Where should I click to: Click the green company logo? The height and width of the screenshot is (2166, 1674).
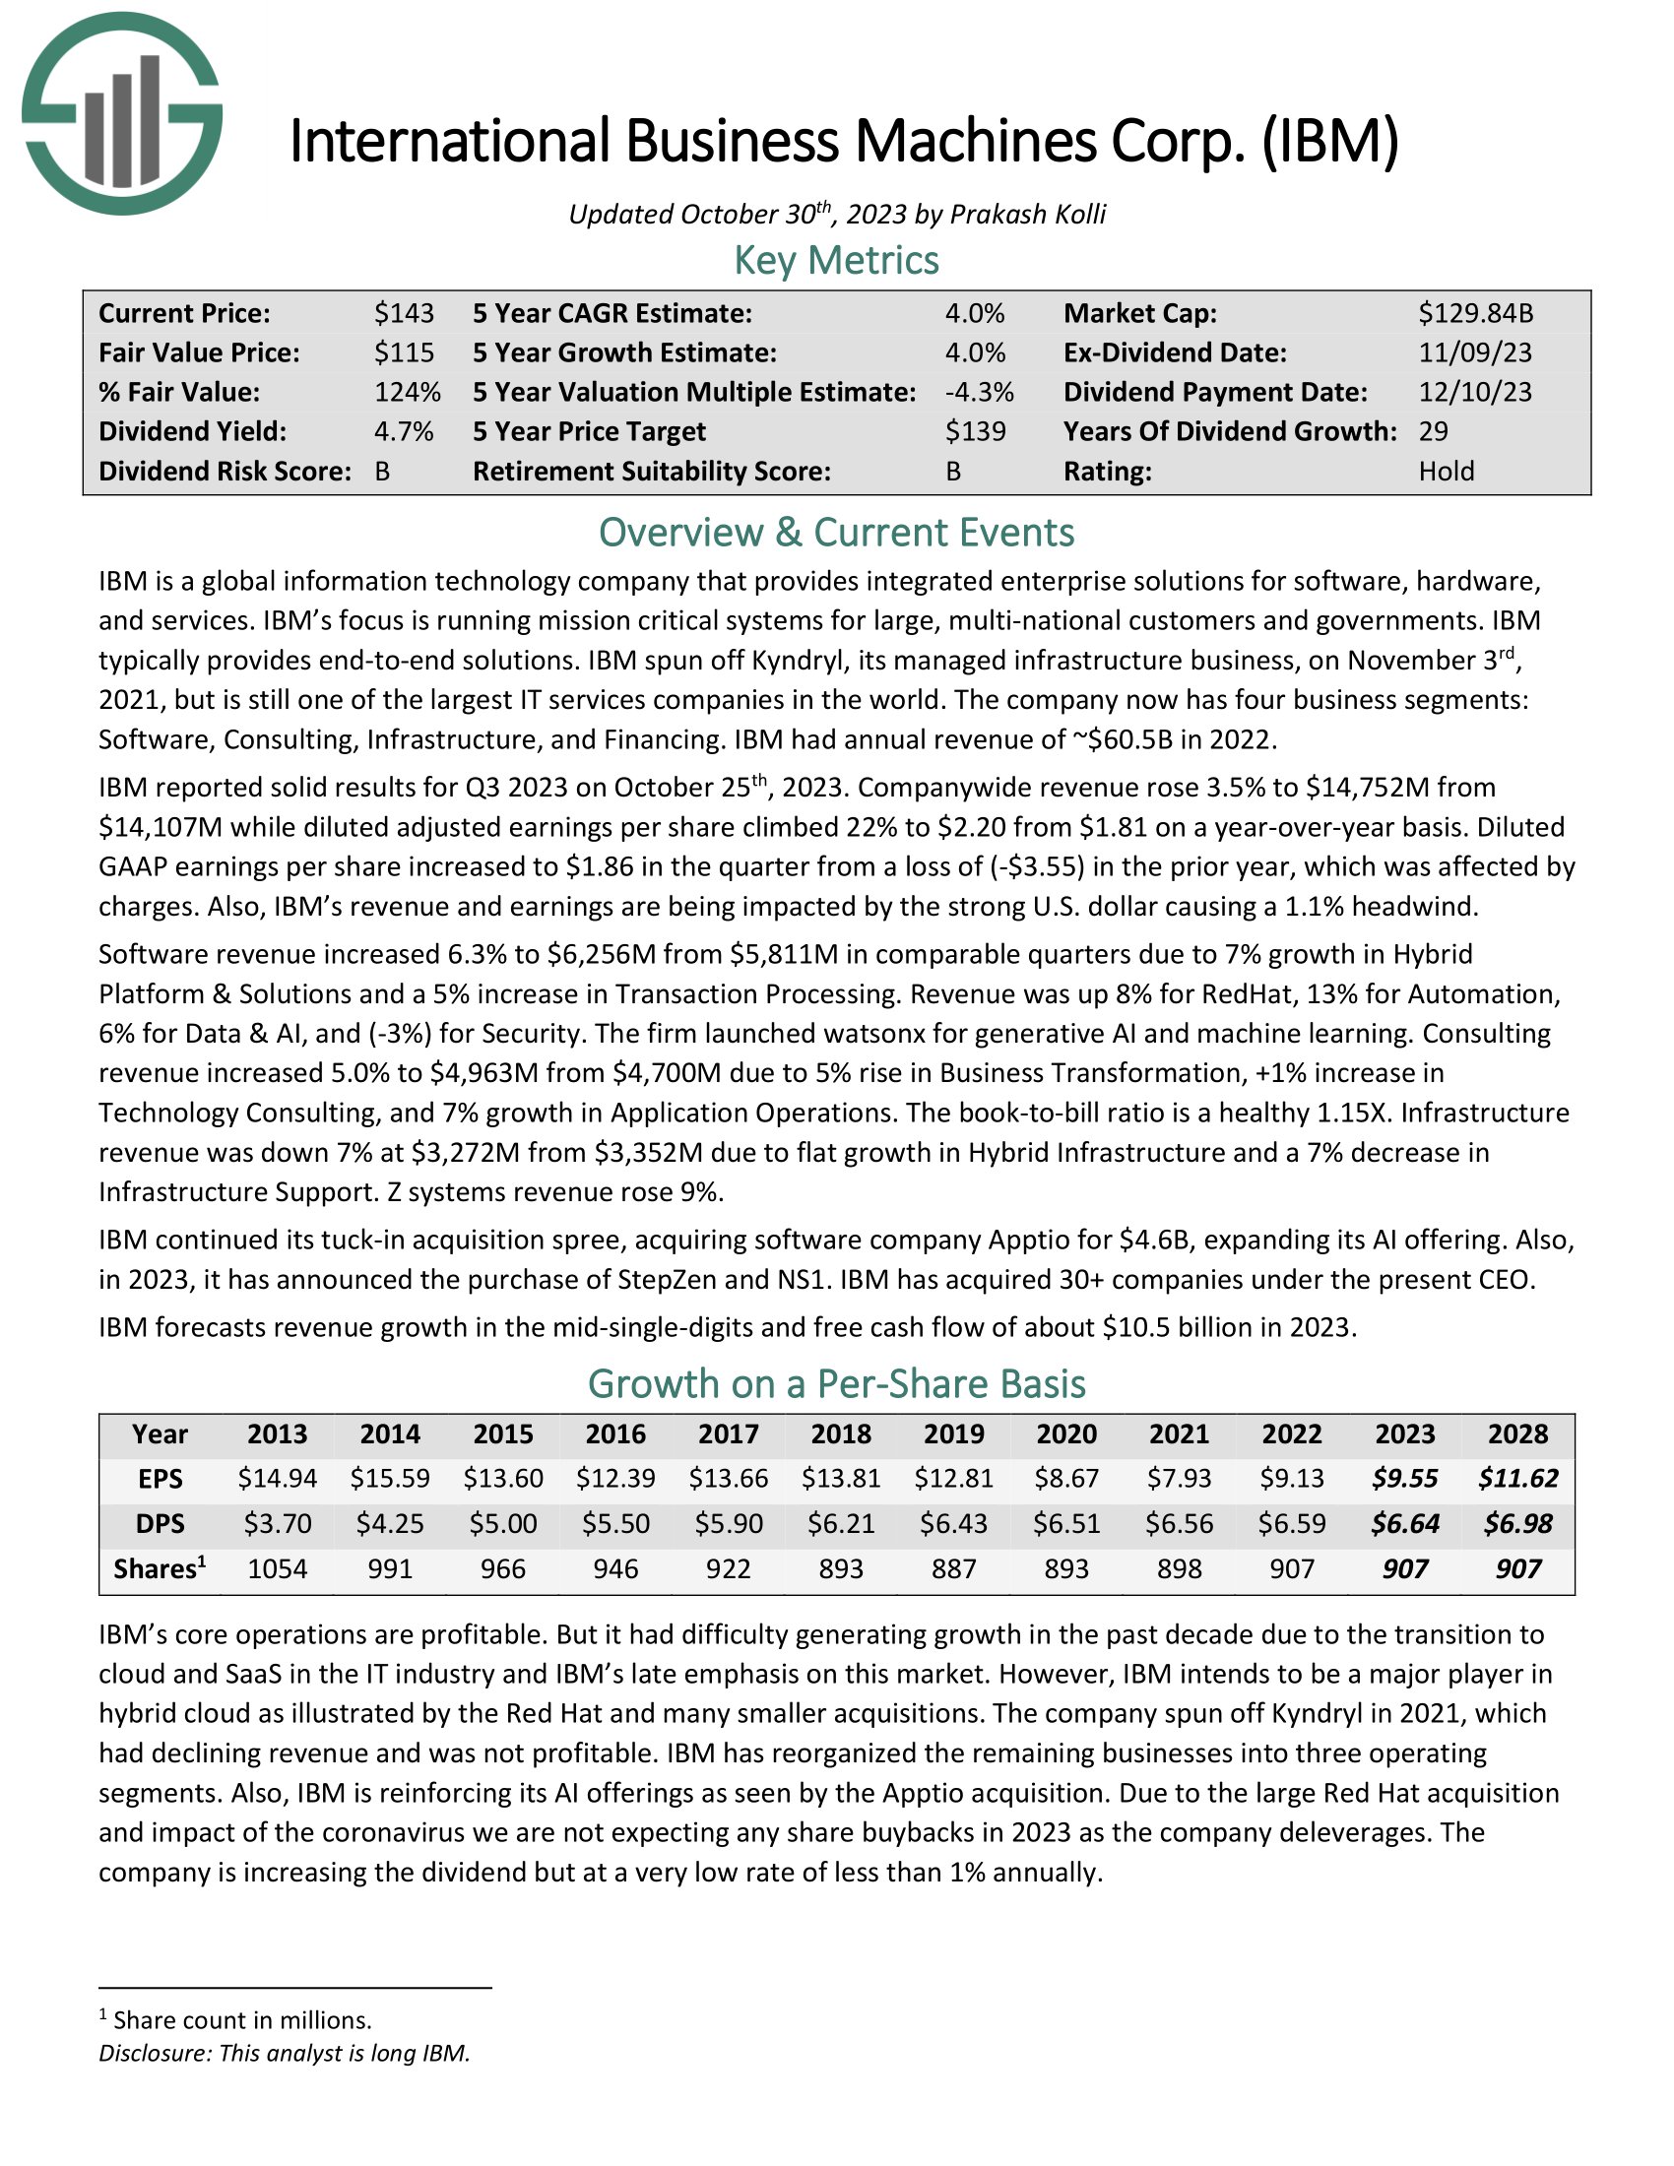[121, 113]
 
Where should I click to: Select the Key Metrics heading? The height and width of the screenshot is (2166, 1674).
[836, 260]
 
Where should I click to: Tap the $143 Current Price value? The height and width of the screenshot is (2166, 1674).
[404, 313]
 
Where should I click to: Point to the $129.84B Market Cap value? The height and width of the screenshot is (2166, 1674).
[1475, 313]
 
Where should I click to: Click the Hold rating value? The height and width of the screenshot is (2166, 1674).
[1445, 471]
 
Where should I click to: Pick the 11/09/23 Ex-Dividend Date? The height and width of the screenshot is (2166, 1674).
[1475, 353]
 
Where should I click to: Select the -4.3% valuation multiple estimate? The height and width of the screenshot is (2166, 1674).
[979, 393]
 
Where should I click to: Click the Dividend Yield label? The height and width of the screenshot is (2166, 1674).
[191, 431]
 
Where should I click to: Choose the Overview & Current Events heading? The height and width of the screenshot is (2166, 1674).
[836, 533]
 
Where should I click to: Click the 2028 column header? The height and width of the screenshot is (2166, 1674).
[1517, 1434]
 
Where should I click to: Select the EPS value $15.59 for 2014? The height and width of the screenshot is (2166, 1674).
[390, 1479]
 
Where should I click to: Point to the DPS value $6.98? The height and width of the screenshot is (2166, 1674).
[1517, 1523]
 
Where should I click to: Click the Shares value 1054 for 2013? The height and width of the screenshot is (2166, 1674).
[278, 1569]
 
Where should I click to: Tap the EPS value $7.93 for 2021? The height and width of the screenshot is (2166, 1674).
[1179, 1479]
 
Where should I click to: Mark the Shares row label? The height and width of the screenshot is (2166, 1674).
[160, 1569]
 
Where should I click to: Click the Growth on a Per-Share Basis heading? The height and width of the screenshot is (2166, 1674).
[836, 1383]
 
